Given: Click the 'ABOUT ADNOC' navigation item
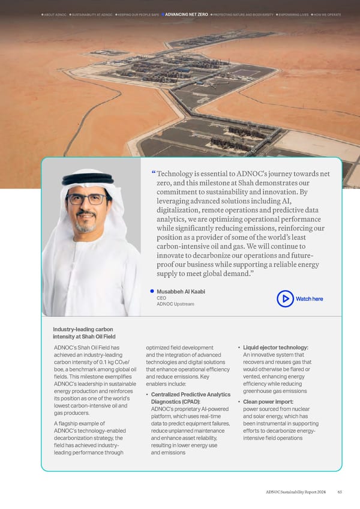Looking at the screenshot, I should point(55,14).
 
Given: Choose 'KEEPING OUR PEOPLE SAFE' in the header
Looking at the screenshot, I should point(139,14).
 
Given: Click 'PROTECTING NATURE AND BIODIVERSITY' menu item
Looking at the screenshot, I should point(243,14).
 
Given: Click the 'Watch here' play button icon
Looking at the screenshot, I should point(285,298).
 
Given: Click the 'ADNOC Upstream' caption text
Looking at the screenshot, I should point(175,304).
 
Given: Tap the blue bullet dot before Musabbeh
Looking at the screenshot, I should point(152,291).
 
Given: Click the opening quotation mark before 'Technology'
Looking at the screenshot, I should point(154,173).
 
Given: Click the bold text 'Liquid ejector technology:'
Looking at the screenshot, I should point(275,348).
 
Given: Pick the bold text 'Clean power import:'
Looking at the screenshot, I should point(268,402).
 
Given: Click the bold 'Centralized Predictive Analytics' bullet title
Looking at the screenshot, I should point(190,394).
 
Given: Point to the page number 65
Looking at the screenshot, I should point(340,493).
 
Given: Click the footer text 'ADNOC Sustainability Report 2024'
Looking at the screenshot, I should point(297,493).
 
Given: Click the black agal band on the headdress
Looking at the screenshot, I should point(88,178).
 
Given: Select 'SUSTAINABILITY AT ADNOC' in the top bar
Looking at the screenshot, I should point(91,14).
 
